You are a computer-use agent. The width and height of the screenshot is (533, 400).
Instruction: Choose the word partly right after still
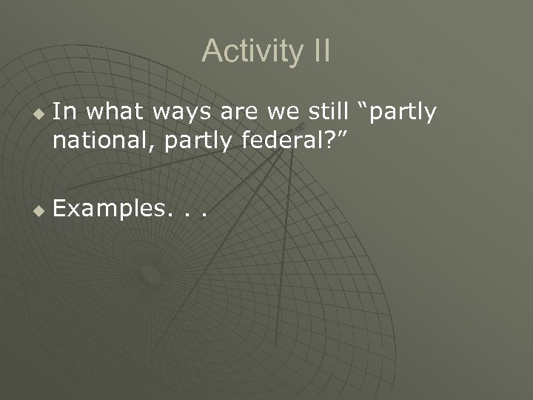tap(403, 113)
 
